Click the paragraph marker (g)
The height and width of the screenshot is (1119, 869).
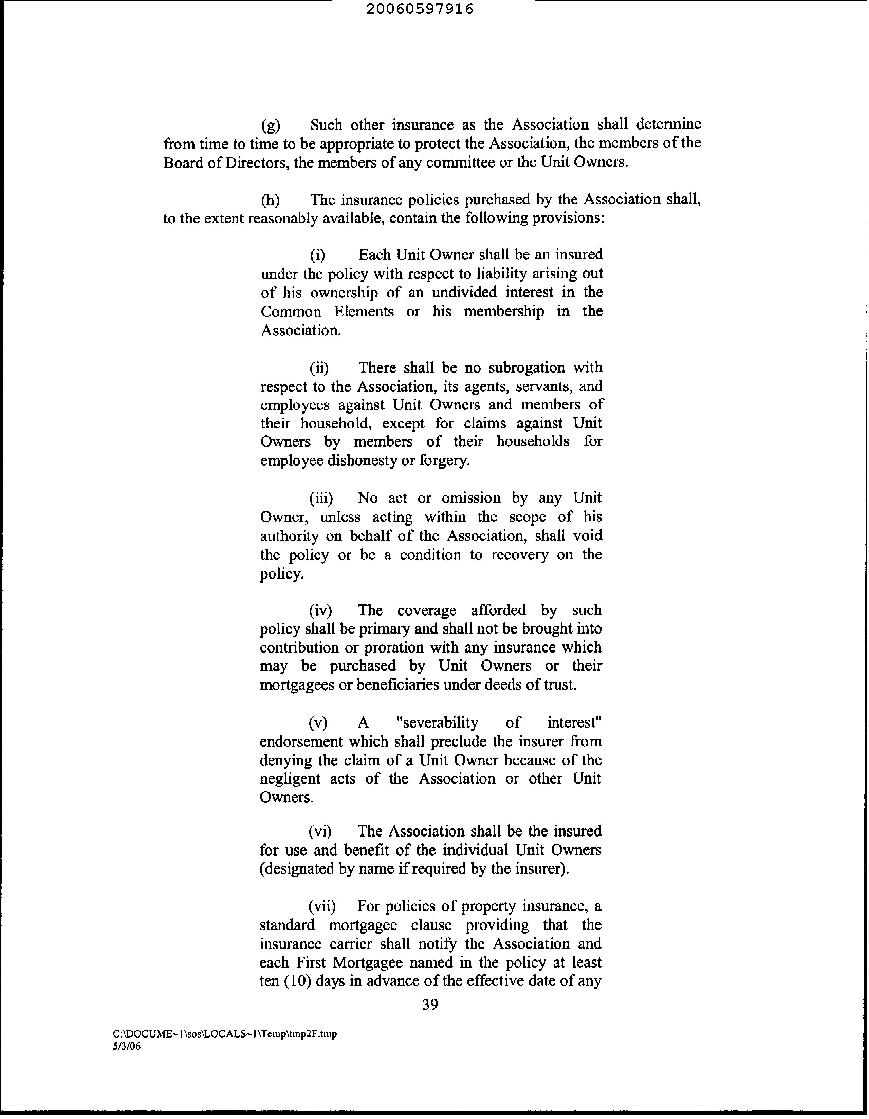pyautogui.click(x=271, y=125)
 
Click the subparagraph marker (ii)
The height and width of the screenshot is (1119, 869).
pyautogui.click(x=319, y=368)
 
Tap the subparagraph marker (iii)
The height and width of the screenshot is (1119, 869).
pyautogui.click(x=321, y=498)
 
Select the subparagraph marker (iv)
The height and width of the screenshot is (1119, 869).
pyautogui.click(x=320, y=610)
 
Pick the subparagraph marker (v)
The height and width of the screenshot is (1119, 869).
pyautogui.click(x=318, y=723)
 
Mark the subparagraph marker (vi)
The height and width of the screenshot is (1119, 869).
pyautogui.click(x=320, y=831)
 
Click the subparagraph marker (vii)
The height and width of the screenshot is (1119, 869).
pyautogui.click(x=322, y=906)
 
